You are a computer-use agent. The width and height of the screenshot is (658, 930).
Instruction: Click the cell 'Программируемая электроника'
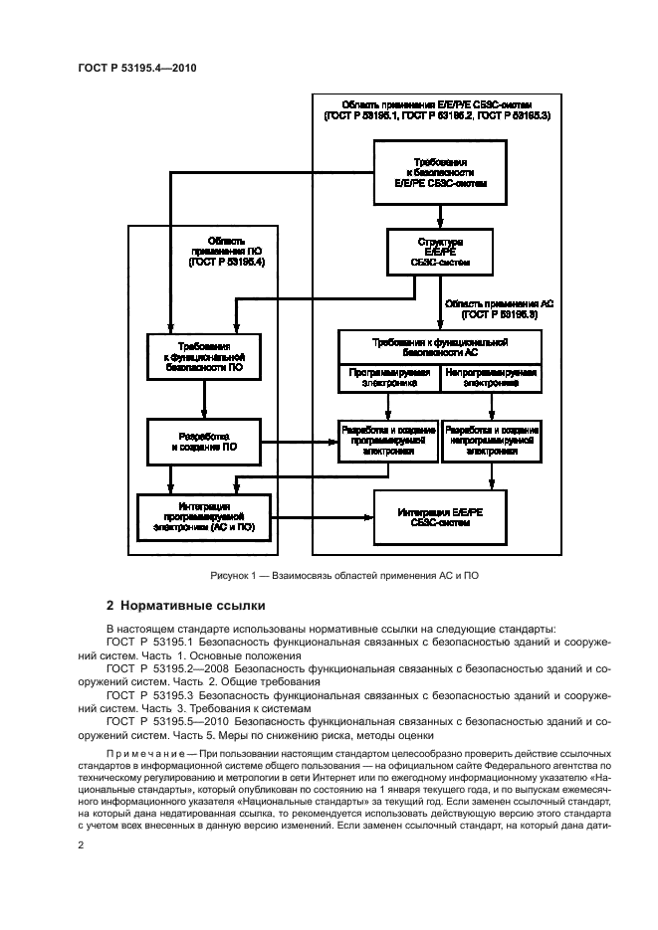coord(389,379)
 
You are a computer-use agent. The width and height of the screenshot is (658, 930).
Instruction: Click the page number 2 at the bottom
coord(81,844)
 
